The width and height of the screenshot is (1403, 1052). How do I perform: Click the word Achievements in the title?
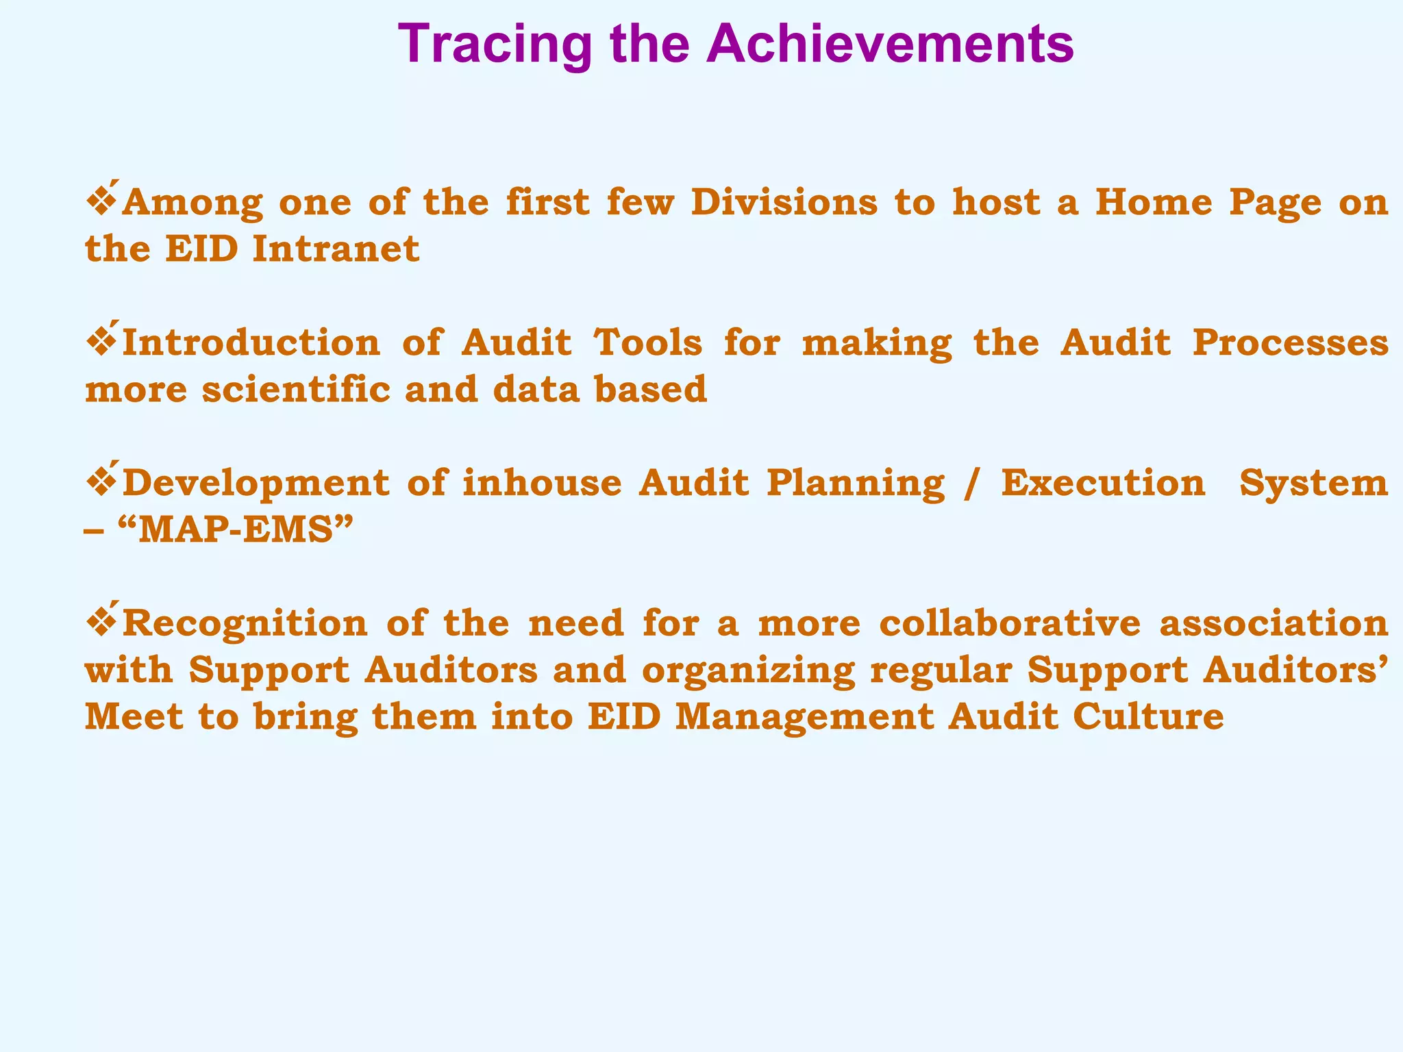[x=891, y=45]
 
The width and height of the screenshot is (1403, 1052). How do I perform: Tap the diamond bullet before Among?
[x=101, y=201]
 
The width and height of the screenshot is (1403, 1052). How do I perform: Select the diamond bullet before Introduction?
[x=101, y=342]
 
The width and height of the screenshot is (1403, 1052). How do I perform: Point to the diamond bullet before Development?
[x=101, y=482]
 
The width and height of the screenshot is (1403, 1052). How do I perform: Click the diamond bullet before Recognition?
[x=101, y=623]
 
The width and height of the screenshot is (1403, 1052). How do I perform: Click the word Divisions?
[x=784, y=203]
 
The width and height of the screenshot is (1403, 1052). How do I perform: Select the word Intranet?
[x=336, y=249]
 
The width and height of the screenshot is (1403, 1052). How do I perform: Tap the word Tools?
[x=648, y=342]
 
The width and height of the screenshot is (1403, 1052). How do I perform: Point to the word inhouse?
[x=542, y=483]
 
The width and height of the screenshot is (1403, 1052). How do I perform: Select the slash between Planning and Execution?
[x=967, y=484]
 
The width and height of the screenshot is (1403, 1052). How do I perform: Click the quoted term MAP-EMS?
[x=236, y=530]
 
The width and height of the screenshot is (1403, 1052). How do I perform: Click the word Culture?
[x=1148, y=717]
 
